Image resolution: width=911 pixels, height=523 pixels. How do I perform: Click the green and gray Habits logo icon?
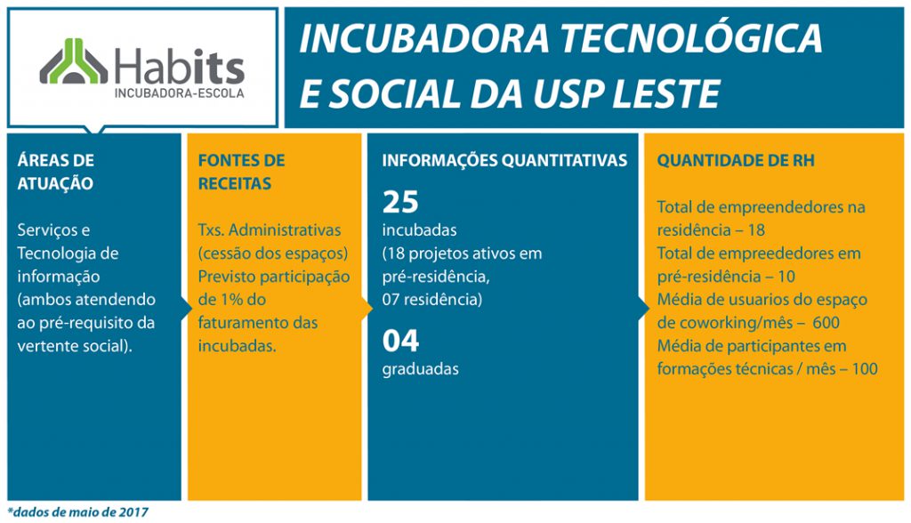click(x=74, y=61)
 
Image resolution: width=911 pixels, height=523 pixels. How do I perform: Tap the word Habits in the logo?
click(x=180, y=67)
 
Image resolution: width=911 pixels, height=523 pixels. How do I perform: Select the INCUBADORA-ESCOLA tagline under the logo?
click(x=180, y=93)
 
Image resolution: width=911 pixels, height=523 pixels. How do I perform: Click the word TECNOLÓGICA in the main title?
click(x=691, y=39)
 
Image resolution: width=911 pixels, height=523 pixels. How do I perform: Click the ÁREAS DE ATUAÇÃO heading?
click(x=56, y=172)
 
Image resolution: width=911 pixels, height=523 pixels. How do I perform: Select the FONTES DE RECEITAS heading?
click(x=241, y=172)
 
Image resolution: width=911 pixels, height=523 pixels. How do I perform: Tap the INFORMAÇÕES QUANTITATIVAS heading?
click(x=504, y=160)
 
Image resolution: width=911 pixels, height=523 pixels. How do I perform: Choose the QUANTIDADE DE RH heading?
click(x=736, y=160)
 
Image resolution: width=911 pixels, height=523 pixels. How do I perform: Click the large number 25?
click(x=400, y=202)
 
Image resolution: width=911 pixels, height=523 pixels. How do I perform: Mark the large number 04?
click(x=400, y=342)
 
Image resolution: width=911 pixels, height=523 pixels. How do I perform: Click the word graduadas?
click(x=421, y=369)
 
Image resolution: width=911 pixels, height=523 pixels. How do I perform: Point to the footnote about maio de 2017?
click(x=78, y=512)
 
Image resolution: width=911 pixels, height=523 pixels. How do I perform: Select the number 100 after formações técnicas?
click(x=865, y=369)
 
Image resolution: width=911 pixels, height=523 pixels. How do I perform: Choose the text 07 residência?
click(x=432, y=300)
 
